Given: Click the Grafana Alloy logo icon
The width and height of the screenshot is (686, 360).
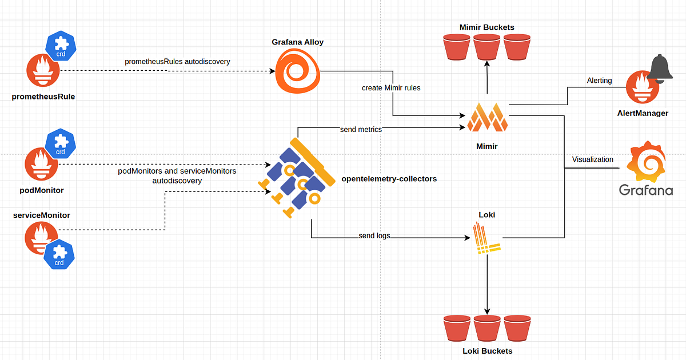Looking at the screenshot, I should pyautogui.click(x=297, y=71).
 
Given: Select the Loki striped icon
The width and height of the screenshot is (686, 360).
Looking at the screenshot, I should pyautogui.click(x=486, y=240).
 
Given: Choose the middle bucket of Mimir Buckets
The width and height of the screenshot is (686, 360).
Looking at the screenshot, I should pyautogui.click(x=487, y=47).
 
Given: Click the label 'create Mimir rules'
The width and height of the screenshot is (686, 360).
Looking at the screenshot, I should pyautogui.click(x=391, y=88).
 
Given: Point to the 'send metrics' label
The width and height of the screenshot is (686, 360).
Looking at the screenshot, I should pyautogui.click(x=360, y=129).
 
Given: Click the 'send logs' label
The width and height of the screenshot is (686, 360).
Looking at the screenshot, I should pyautogui.click(x=374, y=235).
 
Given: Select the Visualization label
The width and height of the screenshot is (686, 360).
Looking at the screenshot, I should pyautogui.click(x=593, y=159).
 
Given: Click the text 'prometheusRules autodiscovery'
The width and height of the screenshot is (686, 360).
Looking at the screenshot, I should pyautogui.click(x=177, y=61).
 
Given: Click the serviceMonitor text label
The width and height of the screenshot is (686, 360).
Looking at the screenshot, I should pyautogui.click(x=41, y=215).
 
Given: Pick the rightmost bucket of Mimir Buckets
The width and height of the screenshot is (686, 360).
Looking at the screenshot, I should pyautogui.click(x=517, y=47).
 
